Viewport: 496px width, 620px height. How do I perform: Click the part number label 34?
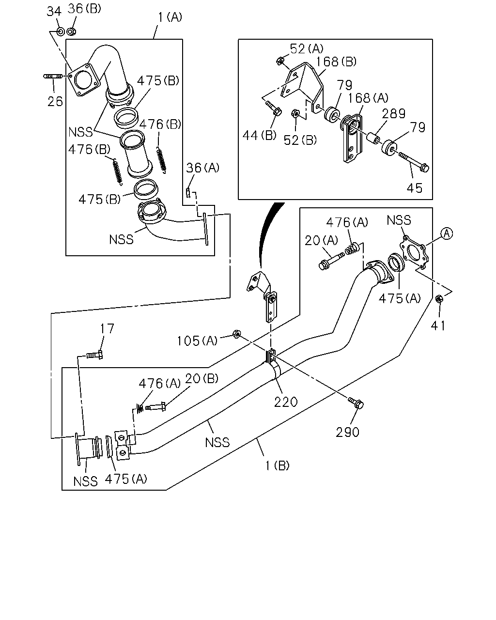point(54,12)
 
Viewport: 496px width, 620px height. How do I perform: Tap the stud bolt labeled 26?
point(53,76)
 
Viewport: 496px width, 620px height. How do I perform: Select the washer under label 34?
point(61,31)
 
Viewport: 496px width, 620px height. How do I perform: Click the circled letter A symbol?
point(447,233)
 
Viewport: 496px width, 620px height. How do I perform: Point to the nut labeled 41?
point(439,299)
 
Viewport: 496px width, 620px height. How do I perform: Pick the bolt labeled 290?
point(356,403)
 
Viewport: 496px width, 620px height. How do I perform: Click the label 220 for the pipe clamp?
point(286,402)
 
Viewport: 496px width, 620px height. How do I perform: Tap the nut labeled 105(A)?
point(236,334)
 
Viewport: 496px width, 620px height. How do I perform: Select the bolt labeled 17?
point(95,355)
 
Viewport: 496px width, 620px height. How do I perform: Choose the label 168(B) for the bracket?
point(336,62)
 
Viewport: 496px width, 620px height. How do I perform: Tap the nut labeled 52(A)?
point(280,61)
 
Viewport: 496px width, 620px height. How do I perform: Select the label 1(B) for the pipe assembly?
point(277,465)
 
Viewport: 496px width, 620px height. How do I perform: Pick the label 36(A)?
point(202,168)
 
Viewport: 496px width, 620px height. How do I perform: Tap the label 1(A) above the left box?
point(170,17)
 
